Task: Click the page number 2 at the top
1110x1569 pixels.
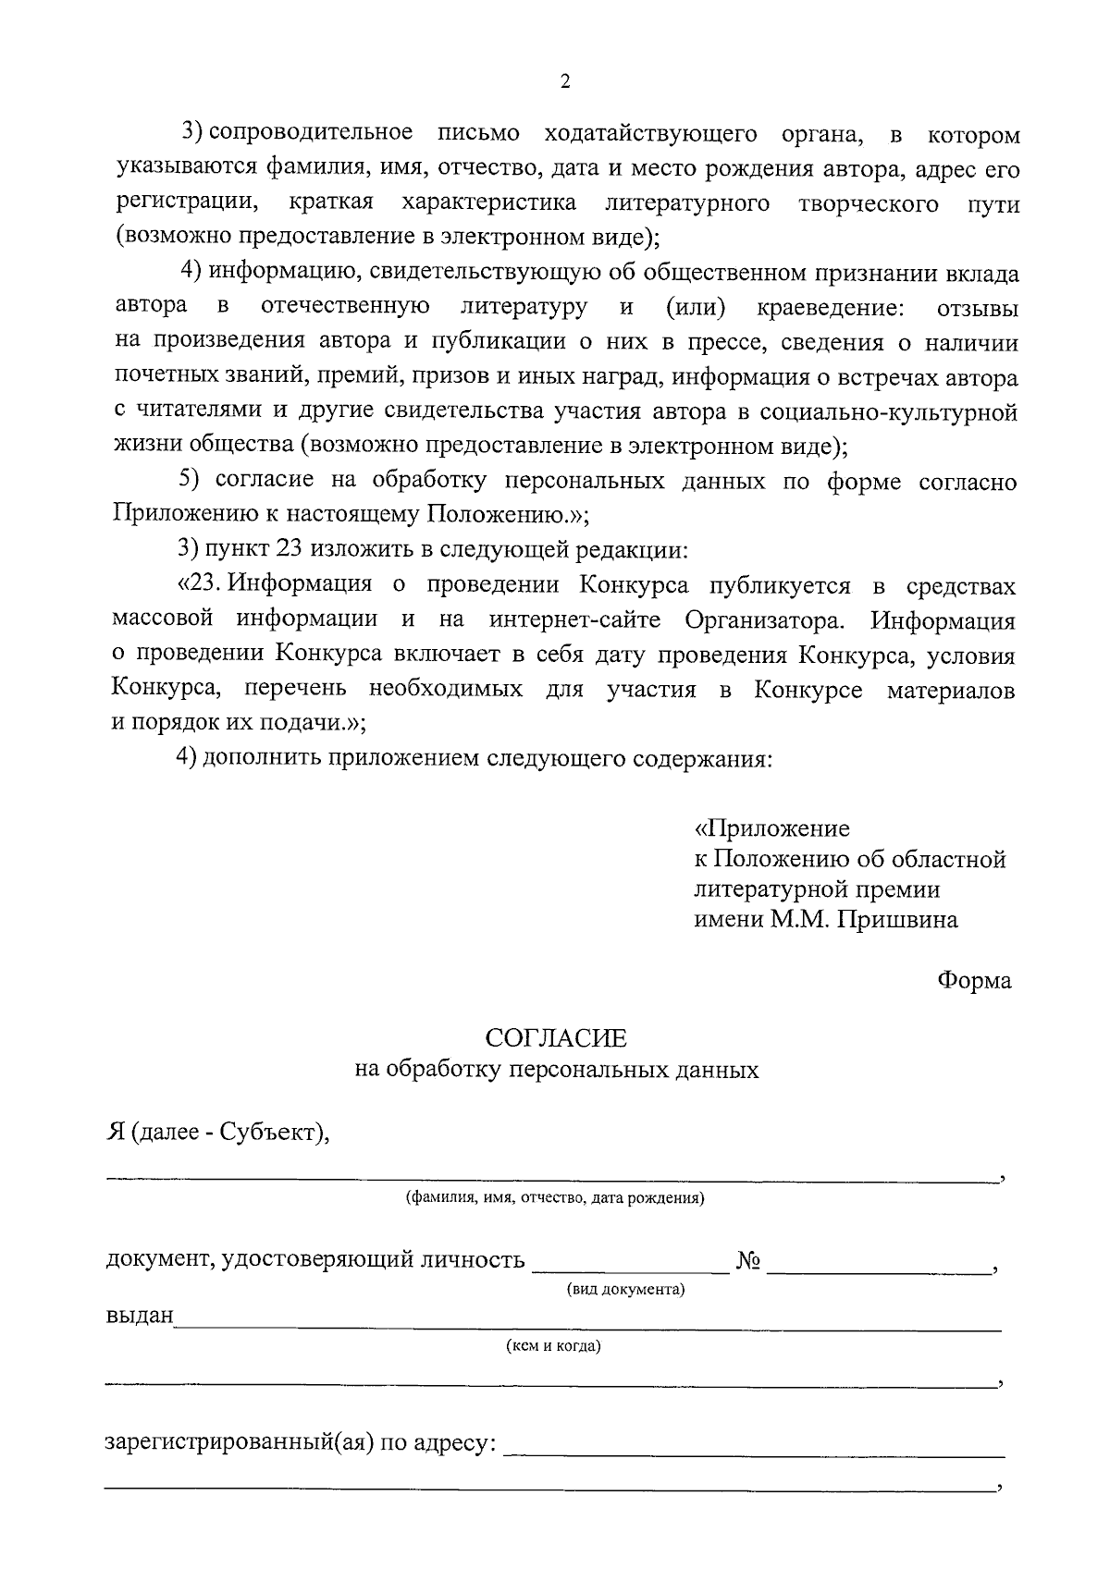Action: tap(565, 81)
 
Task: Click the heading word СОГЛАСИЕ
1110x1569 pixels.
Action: tap(557, 1038)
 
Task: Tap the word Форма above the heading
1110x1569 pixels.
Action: tap(974, 981)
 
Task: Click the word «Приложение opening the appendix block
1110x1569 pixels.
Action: tap(772, 827)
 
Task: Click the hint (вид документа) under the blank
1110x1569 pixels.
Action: tap(625, 1290)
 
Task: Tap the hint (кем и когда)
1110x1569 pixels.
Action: tap(553, 1346)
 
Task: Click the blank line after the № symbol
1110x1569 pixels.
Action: tap(877, 1269)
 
